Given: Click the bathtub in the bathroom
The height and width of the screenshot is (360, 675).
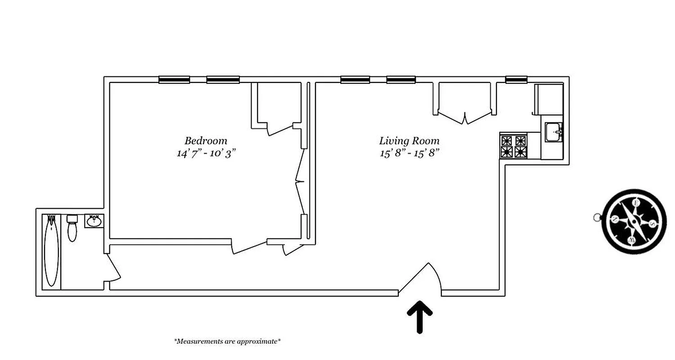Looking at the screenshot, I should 51,251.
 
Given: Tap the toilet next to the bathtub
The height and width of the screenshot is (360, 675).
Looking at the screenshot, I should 72,228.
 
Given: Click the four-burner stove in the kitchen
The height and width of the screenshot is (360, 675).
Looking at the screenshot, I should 514,146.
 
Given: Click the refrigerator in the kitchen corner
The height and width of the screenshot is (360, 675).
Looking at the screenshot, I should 548,99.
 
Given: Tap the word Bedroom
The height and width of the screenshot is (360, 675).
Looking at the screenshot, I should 206,140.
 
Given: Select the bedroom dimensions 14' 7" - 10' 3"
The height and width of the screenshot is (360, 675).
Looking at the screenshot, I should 206,153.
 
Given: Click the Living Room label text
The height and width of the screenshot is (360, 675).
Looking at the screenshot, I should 409,140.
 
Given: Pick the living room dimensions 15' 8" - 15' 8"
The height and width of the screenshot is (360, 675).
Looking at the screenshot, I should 409,153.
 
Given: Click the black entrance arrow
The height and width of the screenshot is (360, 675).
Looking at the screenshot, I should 419,316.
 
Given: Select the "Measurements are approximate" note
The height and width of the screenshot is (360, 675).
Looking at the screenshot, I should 227,341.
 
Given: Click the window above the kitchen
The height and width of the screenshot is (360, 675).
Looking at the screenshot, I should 516,80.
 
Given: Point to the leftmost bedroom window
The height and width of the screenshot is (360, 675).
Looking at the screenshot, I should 174,80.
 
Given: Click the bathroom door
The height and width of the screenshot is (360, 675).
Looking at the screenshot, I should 113,268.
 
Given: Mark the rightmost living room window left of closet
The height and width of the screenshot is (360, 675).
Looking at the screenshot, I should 401,80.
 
